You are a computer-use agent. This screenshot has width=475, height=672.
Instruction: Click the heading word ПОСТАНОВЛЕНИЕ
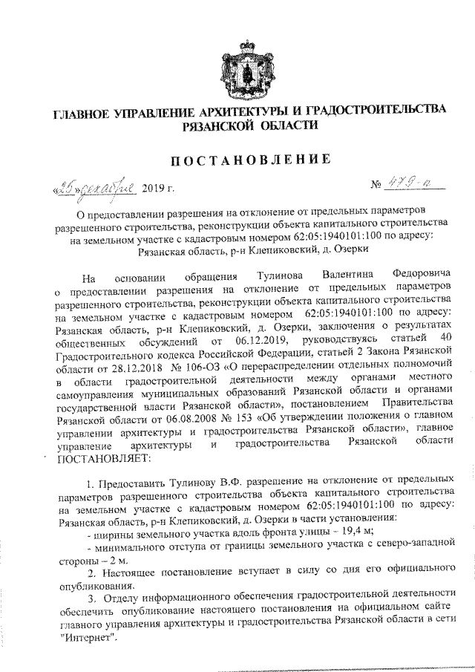[x=241, y=158]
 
